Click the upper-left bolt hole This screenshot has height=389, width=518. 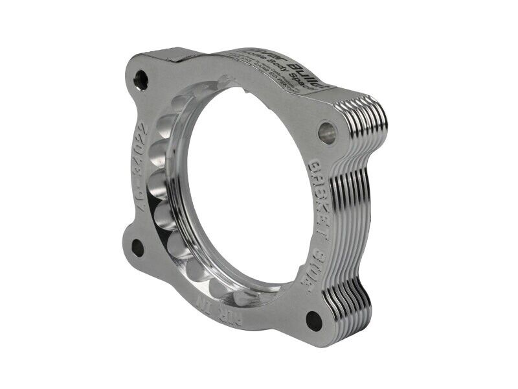click(141, 80)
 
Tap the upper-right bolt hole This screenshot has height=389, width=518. click(327, 132)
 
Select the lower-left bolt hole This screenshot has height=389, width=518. click(138, 247)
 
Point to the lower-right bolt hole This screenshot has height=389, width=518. click(314, 320)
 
